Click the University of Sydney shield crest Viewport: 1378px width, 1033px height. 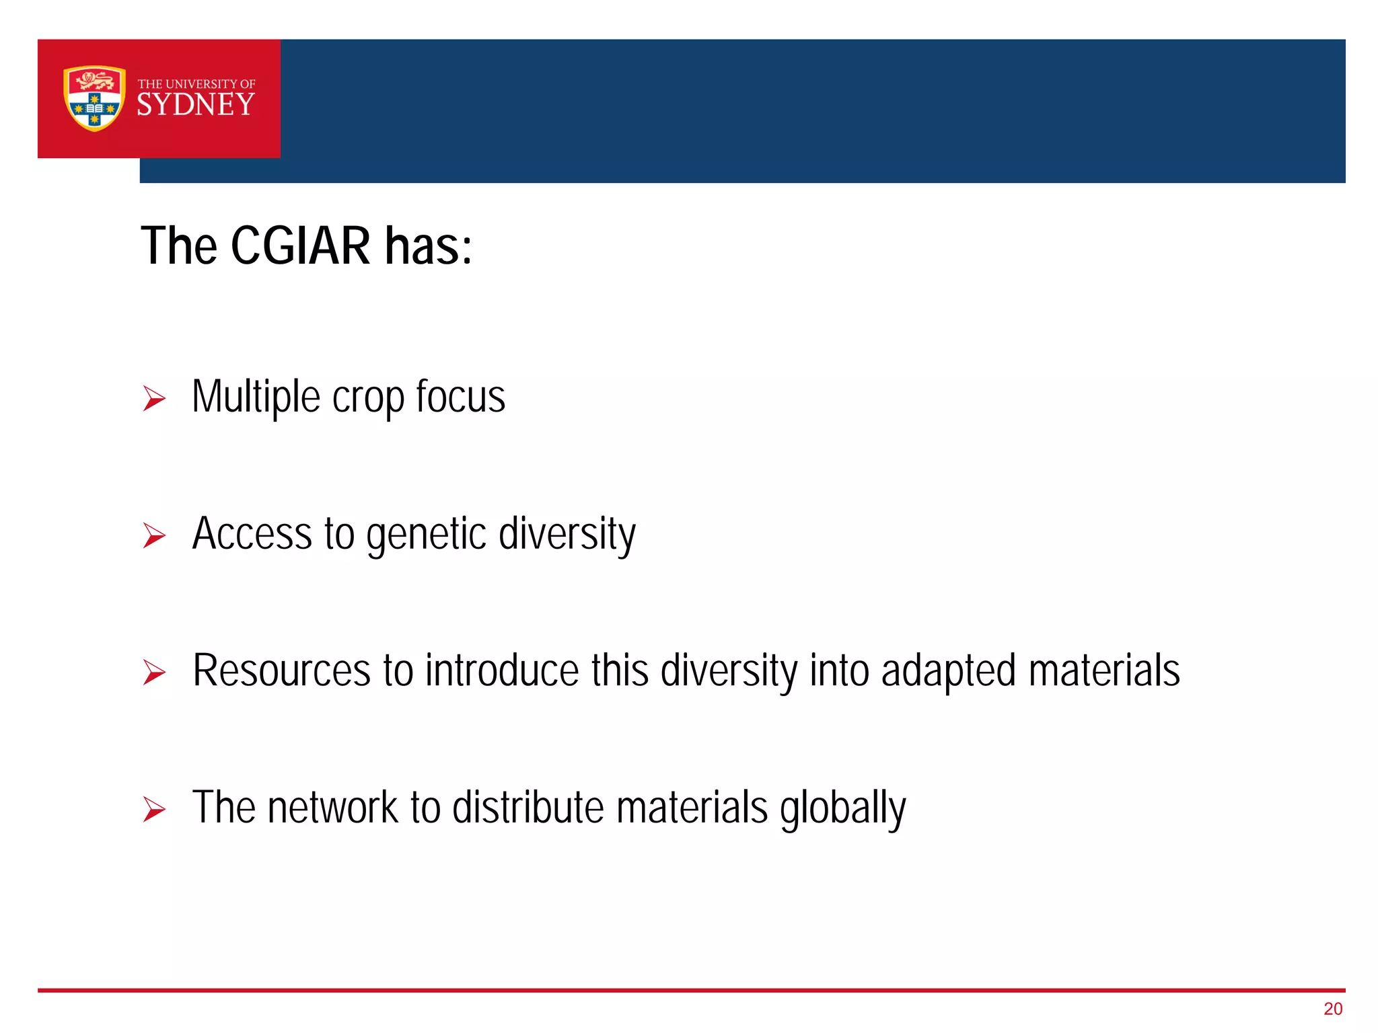pos(94,98)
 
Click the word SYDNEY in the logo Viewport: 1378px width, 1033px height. pos(196,105)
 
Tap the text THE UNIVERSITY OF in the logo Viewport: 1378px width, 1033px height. pos(196,84)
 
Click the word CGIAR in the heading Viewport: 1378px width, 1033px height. pos(300,246)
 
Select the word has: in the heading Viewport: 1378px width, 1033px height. pos(429,246)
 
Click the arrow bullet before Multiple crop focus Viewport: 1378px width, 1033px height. pos(154,399)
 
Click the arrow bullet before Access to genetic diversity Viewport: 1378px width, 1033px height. pos(154,536)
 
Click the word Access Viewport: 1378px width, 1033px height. pos(252,534)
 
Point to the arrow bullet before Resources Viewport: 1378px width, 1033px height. pos(154,673)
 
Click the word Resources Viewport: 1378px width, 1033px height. pos(281,671)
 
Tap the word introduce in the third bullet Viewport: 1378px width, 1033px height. pos(502,671)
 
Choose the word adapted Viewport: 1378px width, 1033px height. pos(948,672)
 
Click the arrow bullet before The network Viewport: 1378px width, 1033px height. pos(154,810)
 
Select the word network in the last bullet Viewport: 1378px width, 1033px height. pos(333,808)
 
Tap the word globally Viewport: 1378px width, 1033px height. pos(842,809)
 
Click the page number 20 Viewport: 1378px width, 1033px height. pos(1332,1009)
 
